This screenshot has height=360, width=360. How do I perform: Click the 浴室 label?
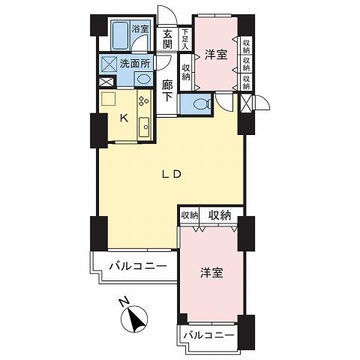(140, 29)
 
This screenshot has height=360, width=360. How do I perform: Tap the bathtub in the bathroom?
(119, 34)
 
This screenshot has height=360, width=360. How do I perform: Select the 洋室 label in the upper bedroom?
(215, 55)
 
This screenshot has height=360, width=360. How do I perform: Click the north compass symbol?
(137, 322)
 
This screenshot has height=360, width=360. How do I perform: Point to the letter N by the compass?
(125, 303)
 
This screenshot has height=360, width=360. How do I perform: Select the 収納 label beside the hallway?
(186, 71)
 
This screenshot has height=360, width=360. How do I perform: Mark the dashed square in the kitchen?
(108, 98)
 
